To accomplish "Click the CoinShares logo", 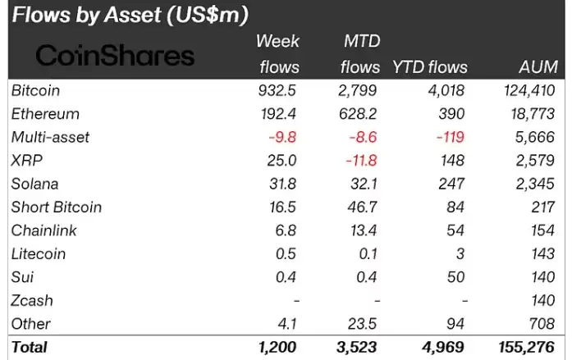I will tap(116, 55).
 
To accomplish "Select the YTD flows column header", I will tap(430, 67).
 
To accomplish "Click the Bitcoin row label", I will tap(35, 90).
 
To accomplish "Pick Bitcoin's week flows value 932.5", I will tap(278, 90).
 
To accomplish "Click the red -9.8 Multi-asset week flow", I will tap(283, 137).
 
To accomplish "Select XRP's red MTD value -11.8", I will tap(361, 160).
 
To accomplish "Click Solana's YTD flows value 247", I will tap(451, 184).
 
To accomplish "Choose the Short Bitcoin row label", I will tap(56, 207).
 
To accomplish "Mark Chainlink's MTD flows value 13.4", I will tap(365, 230).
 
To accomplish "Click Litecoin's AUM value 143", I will tap(542, 253).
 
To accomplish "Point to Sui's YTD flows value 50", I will tap(456, 277).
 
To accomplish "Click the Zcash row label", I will tap(31, 300).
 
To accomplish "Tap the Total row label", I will tap(30, 347).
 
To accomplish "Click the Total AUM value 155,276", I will tap(527, 347).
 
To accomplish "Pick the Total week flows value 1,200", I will tap(277, 347).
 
